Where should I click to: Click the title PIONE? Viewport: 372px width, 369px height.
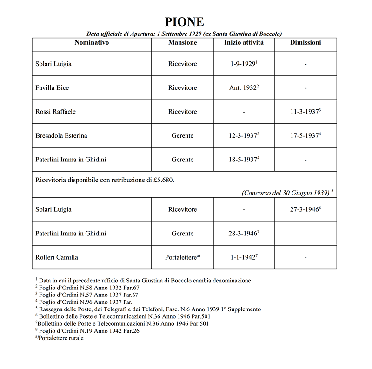coord(184,22)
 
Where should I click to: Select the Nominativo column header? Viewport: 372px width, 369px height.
coord(92,43)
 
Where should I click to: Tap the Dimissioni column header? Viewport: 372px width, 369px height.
coord(305,43)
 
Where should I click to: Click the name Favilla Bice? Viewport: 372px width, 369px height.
coord(52,88)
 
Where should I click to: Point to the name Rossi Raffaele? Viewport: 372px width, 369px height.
coord(55,112)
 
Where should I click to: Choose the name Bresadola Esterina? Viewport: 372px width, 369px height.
coord(61,136)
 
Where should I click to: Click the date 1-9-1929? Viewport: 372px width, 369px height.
coord(242,64)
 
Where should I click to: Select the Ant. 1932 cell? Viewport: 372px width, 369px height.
coord(242,88)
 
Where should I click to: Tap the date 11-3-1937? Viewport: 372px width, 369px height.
coord(304,112)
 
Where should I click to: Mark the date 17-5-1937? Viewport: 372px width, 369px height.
coord(304,136)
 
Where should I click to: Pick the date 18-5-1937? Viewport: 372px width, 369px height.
coord(242,160)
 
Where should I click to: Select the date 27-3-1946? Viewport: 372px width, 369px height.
coord(304,209)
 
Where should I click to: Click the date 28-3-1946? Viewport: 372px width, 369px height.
coord(242,233)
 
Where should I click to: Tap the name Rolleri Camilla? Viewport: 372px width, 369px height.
coord(57,257)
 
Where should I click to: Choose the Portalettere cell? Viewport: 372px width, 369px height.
coord(182,257)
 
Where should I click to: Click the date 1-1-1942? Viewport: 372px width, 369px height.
coord(242,257)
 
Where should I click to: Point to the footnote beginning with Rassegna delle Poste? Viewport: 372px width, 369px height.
coord(148,309)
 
